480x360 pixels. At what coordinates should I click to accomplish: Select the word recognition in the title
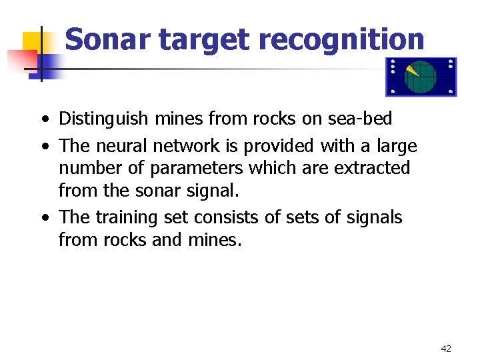tap(341, 39)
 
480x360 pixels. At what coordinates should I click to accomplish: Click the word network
tap(188, 145)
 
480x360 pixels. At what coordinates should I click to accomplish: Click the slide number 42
tap(445, 348)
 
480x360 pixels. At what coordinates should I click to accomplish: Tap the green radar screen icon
tap(421, 77)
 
